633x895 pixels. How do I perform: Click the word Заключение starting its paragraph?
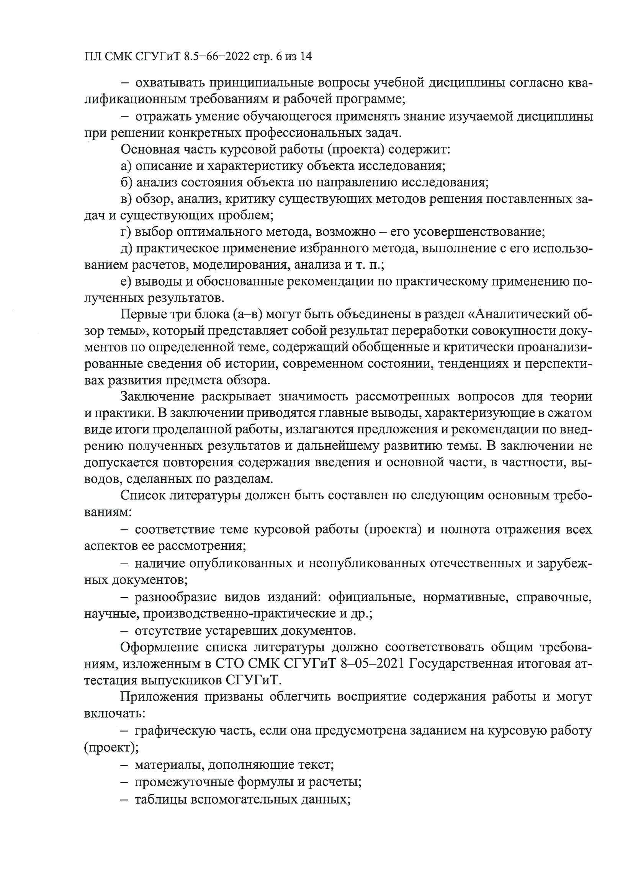(157, 397)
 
